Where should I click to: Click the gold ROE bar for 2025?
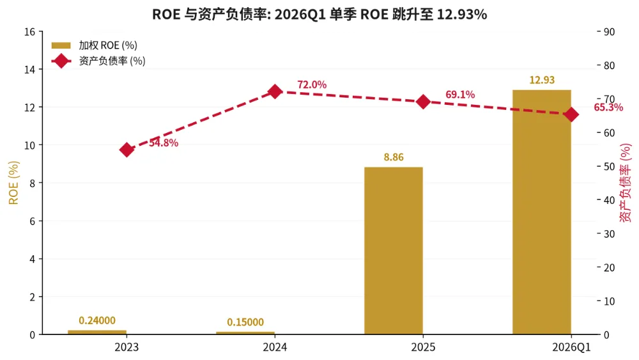point(393,251)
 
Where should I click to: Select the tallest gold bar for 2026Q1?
point(542,212)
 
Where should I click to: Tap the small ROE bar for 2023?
point(97,333)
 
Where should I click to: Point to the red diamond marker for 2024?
point(275,91)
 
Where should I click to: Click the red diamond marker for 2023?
point(127,150)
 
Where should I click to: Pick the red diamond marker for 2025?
point(424,102)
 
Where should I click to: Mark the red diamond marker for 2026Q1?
point(571,114)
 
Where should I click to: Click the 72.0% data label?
point(312,85)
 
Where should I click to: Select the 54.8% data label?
point(164,143)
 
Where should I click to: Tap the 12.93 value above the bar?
point(542,80)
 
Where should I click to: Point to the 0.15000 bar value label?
point(245,322)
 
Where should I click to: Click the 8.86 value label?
point(394,157)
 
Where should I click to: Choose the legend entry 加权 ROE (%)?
point(95,45)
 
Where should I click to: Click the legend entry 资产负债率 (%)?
point(98,61)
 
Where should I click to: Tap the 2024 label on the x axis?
point(275,347)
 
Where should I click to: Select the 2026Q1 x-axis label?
point(571,347)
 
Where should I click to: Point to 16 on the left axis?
point(30,32)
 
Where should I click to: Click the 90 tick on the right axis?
point(609,32)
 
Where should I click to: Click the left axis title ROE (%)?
point(13,183)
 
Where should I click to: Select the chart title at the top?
point(319,14)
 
